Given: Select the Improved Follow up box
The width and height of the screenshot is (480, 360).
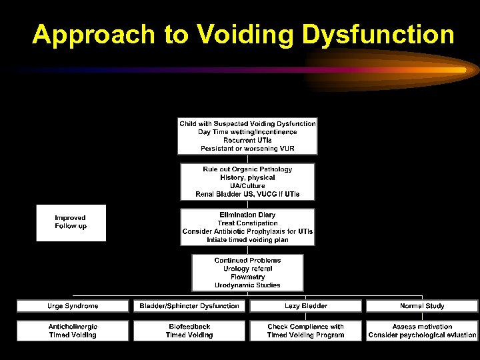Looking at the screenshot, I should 71,222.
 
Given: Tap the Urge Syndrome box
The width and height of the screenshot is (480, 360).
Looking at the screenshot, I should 73,306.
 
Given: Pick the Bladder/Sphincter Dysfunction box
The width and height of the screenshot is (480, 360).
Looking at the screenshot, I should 189,306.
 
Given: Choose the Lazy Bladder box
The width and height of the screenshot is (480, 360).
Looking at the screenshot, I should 305,306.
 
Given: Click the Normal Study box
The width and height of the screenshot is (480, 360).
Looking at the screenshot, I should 421,306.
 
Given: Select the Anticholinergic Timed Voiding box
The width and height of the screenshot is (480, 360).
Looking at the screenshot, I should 73,331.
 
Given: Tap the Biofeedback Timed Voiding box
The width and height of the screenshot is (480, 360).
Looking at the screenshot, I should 189,331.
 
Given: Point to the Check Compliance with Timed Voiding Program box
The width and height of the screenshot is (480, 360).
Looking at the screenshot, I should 305,331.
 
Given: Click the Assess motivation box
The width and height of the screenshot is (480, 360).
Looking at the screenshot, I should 421,327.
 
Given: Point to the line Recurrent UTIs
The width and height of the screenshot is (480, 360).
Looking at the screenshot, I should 247,140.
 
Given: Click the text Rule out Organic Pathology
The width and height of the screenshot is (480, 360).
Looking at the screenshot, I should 247,169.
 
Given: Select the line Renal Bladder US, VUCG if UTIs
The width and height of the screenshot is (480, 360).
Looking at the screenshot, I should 247,194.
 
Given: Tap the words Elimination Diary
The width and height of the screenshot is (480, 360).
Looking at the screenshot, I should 247,215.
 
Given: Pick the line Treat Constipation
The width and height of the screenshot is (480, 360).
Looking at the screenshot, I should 247,223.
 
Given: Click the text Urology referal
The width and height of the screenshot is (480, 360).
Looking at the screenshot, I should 247,269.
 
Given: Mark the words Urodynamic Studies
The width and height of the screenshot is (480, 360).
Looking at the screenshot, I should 247,285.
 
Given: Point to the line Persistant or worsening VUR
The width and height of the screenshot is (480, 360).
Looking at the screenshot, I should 247,148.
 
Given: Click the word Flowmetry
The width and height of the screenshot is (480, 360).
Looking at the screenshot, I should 247,277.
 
